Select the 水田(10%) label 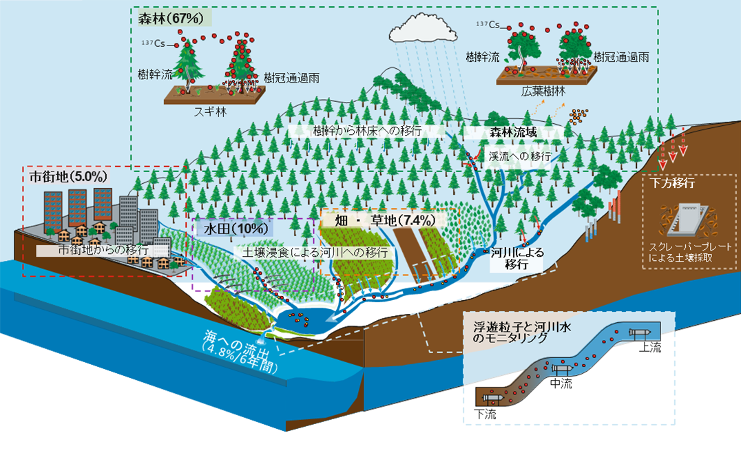pos(234,227)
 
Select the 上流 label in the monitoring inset pos(649,348)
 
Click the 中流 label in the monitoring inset pos(561,383)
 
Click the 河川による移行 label pos(516,257)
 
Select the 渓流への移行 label pos(519,156)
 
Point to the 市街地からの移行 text pos(104,249)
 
